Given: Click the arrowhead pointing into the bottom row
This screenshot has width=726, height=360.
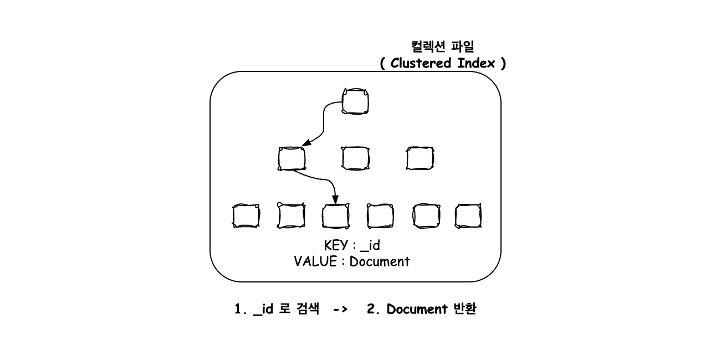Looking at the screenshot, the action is pyautogui.click(x=335, y=199).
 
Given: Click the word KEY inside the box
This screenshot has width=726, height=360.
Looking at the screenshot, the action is pyautogui.click(x=336, y=245).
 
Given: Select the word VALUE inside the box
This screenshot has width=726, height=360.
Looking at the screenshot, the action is pyautogui.click(x=315, y=261).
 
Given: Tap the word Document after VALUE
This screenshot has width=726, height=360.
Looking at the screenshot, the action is pyautogui.click(x=380, y=261).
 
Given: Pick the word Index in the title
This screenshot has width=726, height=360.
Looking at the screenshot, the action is pyautogui.click(x=476, y=63).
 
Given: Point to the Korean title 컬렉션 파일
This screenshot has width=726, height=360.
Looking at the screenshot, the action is pyautogui.click(x=442, y=47).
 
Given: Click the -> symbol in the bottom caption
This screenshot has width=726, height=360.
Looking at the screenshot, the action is pyautogui.click(x=340, y=309).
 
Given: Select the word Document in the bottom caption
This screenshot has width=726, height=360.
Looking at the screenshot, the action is pyautogui.click(x=417, y=309).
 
